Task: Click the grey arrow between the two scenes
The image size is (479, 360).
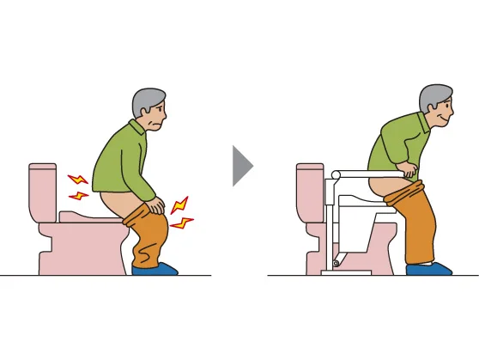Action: coord(242,165)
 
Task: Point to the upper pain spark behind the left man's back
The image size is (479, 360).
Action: coord(78,180)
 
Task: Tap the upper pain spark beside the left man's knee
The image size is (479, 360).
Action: coord(179,206)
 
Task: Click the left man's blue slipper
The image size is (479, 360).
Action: coord(155,269)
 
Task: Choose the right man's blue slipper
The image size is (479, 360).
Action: coord(428,269)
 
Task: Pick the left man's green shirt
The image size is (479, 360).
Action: coord(120,163)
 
